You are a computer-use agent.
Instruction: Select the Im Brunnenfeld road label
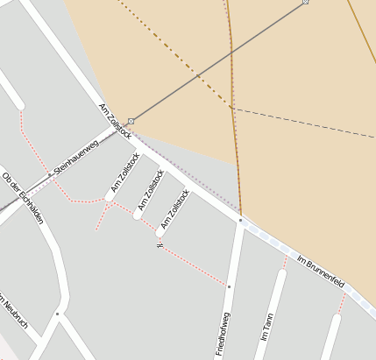click(x=320, y=272)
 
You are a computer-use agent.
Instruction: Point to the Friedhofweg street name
click(x=224, y=332)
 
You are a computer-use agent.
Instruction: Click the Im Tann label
click(x=267, y=327)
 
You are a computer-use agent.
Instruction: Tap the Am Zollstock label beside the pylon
click(x=115, y=121)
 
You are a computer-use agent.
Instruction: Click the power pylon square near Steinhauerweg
click(x=131, y=120)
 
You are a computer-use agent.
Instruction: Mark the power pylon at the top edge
click(x=305, y=2)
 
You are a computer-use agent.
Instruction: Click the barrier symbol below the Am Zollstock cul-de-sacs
click(x=159, y=244)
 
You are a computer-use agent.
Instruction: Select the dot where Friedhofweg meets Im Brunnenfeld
click(x=240, y=221)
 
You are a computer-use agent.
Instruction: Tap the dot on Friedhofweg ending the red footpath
click(x=229, y=286)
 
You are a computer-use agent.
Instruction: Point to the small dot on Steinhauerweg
click(x=50, y=174)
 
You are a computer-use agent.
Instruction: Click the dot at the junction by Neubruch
click(x=58, y=314)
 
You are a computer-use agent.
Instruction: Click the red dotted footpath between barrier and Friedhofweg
click(x=193, y=266)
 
